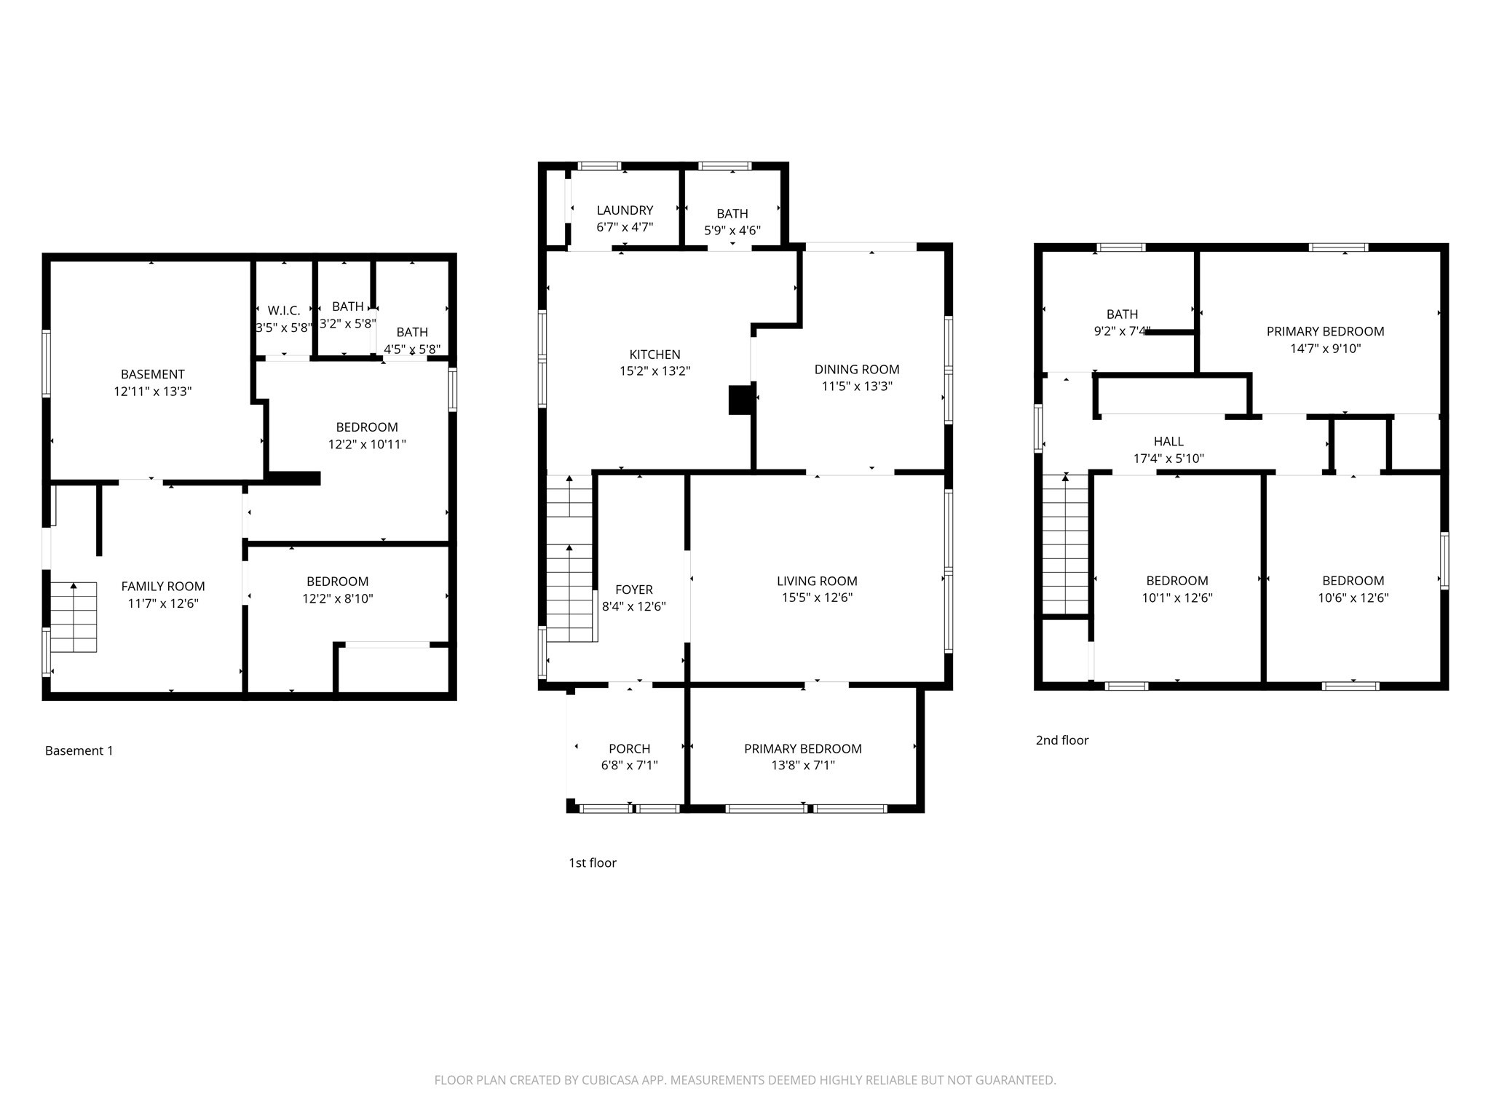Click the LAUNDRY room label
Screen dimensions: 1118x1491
click(625, 210)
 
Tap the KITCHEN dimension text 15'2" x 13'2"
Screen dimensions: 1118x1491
click(654, 371)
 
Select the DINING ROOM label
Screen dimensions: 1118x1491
click(856, 369)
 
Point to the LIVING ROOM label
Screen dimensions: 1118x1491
click(817, 581)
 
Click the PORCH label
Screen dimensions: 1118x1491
click(629, 748)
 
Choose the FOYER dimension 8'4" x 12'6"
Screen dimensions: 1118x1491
click(633, 606)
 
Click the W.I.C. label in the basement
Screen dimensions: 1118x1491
click(283, 311)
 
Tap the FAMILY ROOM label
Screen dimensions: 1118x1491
click(163, 586)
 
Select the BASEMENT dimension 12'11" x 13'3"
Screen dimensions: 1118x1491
click(152, 391)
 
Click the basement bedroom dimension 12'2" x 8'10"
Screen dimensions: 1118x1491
click(337, 598)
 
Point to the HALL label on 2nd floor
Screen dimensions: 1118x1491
click(1168, 441)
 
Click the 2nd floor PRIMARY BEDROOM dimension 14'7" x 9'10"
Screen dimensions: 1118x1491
click(1325, 348)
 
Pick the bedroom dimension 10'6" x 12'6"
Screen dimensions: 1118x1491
click(1353, 598)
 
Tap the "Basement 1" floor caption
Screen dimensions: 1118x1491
click(79, 750)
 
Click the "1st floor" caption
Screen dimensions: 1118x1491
click(592, 863)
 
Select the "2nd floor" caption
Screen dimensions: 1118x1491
click(1062, 740)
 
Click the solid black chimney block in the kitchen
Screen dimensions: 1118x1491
click(740, 400)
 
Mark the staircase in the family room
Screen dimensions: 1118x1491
click(74, 617)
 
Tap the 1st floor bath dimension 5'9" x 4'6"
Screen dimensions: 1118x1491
click(732, 231)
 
